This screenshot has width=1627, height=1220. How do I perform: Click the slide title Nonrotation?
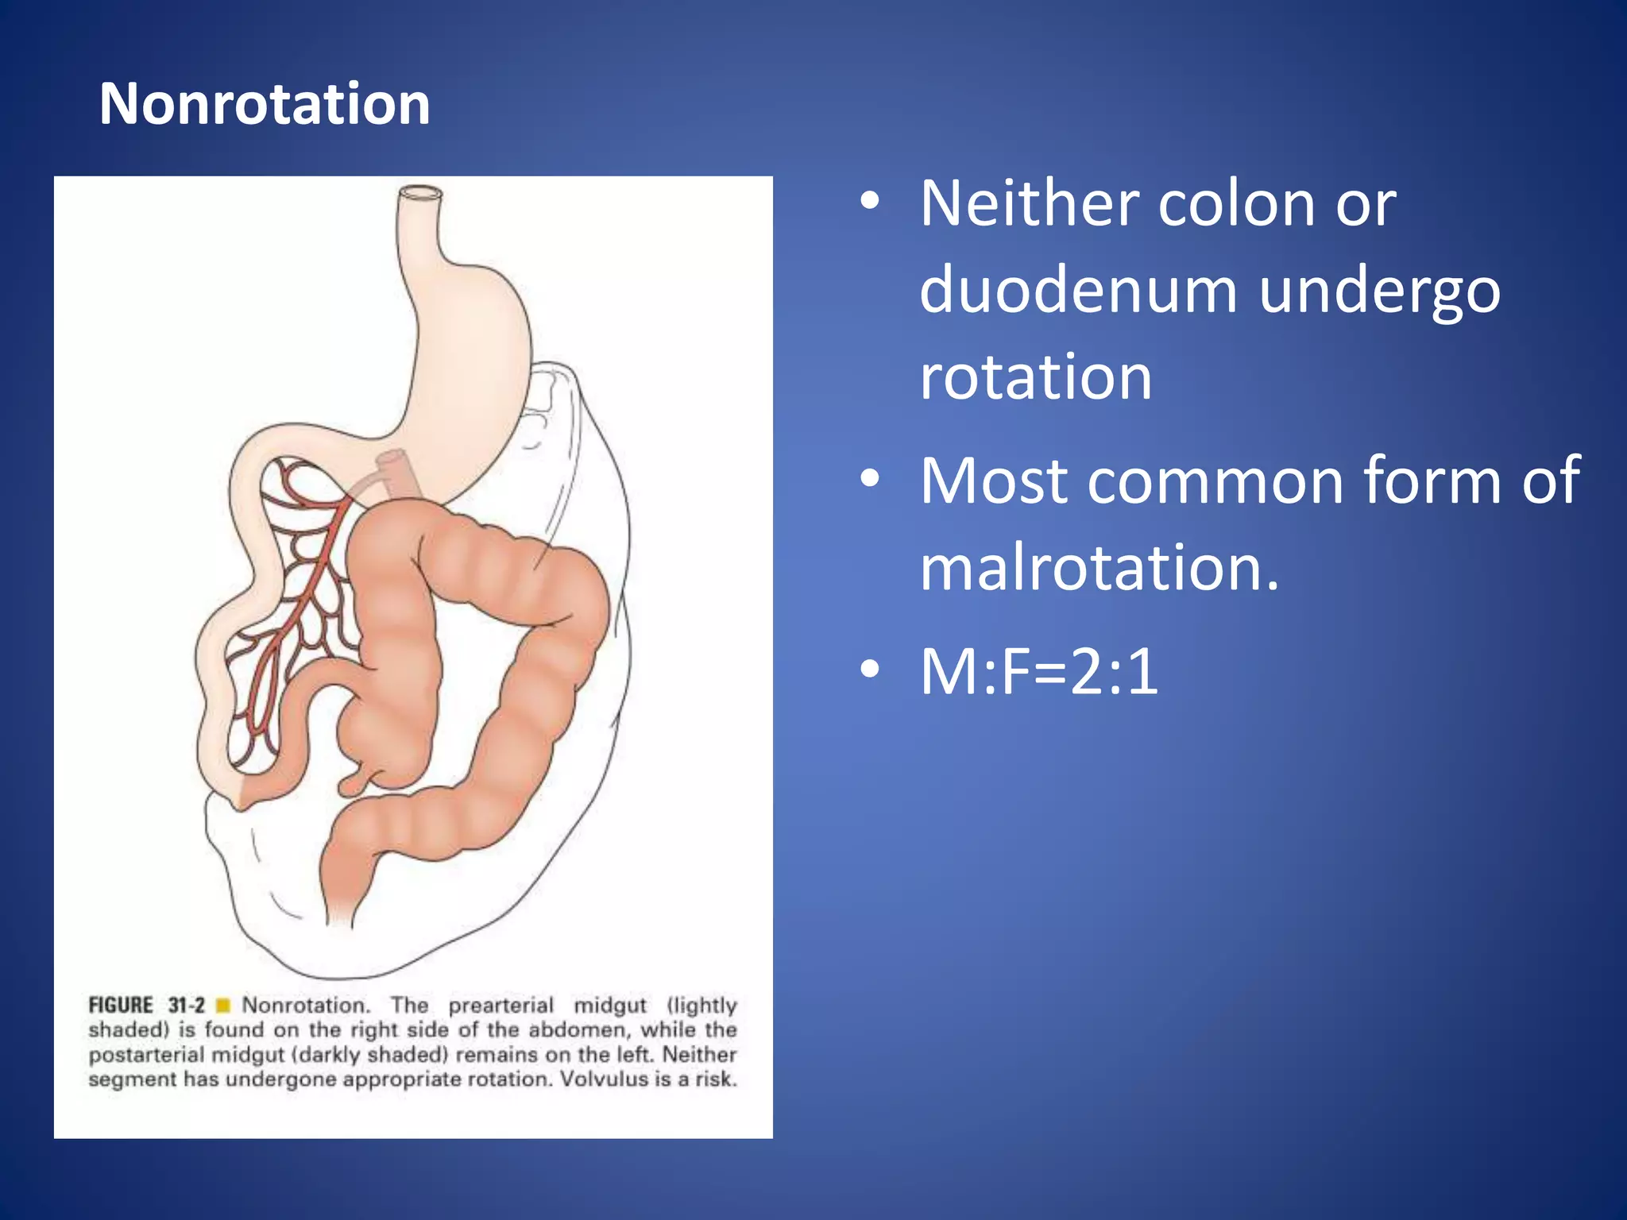(x=265, y=104)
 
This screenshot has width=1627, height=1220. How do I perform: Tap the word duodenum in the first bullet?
(x=1078, y=291)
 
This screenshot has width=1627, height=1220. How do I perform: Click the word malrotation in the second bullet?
(x=1099, y=568)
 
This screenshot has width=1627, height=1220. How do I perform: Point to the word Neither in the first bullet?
(x=1028, y=204)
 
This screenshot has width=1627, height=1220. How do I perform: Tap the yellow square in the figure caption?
(x=223, y=1006)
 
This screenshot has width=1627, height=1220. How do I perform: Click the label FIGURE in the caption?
(x=121, y=1006)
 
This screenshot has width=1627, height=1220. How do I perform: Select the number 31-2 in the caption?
(x=187, y=1006)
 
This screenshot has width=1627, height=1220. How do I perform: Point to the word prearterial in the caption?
(x=500, y=1006)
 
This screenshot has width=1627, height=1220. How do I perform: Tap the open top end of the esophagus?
(x=419, y=193)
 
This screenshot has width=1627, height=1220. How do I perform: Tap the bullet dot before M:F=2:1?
(x=870, y=670)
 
